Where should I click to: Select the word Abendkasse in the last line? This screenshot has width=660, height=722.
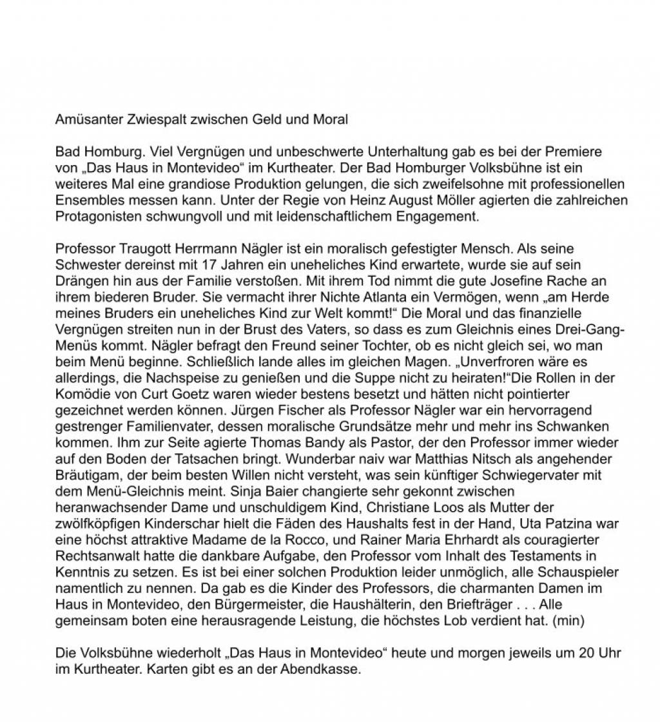coord(318,670)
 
